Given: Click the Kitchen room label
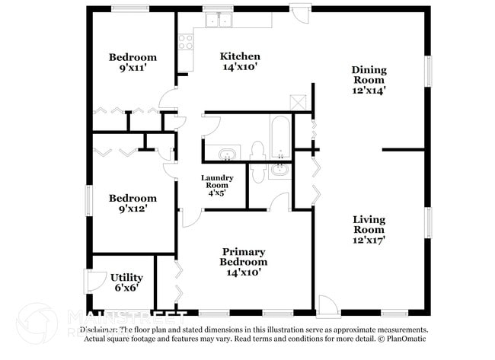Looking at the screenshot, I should coord(240,56).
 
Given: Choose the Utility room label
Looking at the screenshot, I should coord(126,277).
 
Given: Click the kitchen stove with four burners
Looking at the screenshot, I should coord(186,42).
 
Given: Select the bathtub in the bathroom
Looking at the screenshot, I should coord(280,135).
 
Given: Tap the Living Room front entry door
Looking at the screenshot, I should coord(327,305).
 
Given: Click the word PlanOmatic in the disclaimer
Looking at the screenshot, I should coord(408,338).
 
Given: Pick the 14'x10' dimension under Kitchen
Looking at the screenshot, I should coord(240,68).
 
